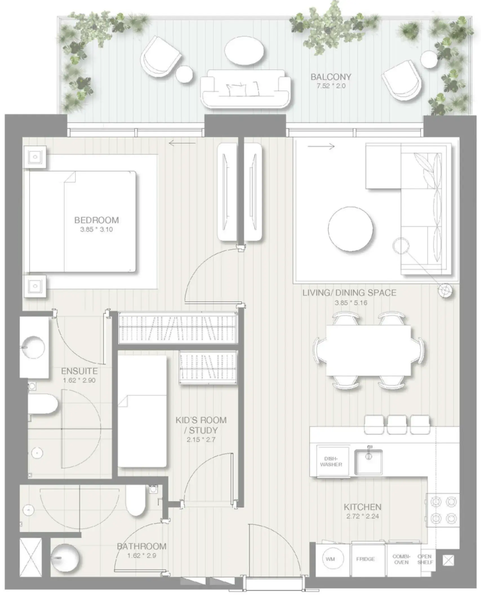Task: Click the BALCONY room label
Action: (x=331, y=77)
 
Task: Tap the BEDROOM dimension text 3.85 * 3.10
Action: (x=96, y=229)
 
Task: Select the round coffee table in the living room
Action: (x=351, y=229)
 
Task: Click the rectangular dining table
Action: (x=368, y=350)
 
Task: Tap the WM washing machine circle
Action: (x=330, y=559)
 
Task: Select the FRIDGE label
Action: (x=365, y=559)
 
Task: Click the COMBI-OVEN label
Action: (x=401, y=559)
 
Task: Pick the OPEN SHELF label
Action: (x=425, y=559)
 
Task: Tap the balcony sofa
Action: (x=245, y=88)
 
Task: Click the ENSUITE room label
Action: (x=79, y=371)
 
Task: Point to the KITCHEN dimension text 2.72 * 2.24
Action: (x=362, y=516)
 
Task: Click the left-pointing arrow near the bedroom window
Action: (x=182, y=144)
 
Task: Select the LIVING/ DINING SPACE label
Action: (x=349, y=293)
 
